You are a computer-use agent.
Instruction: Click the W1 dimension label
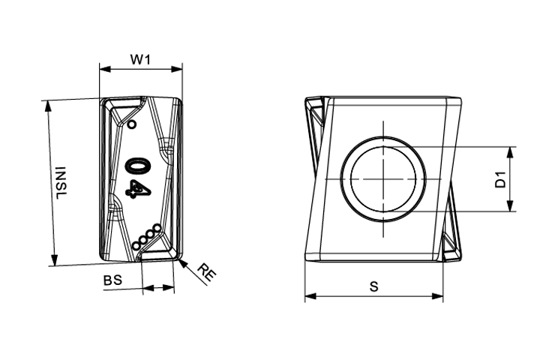[140, 59]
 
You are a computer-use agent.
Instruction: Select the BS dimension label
[113, 280]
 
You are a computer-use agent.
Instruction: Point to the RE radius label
[206, 272]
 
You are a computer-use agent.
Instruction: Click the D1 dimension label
[500, 179]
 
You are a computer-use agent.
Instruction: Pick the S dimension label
[373, 286]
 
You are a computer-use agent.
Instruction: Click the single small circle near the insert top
[131, 124]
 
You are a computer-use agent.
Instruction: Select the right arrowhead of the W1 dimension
[177, 69]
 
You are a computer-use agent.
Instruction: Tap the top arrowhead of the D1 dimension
[511, 152]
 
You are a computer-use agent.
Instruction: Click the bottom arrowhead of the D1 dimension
[511, 205]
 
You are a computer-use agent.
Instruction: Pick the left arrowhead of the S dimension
[310, 296]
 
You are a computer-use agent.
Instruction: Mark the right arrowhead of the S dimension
[437, 296]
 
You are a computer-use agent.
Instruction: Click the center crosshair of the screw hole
[383, 178]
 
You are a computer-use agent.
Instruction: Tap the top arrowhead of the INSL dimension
[48, 106]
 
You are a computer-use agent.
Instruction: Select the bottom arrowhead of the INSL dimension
[54, 259]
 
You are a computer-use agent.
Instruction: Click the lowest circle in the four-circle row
[136, 246]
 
